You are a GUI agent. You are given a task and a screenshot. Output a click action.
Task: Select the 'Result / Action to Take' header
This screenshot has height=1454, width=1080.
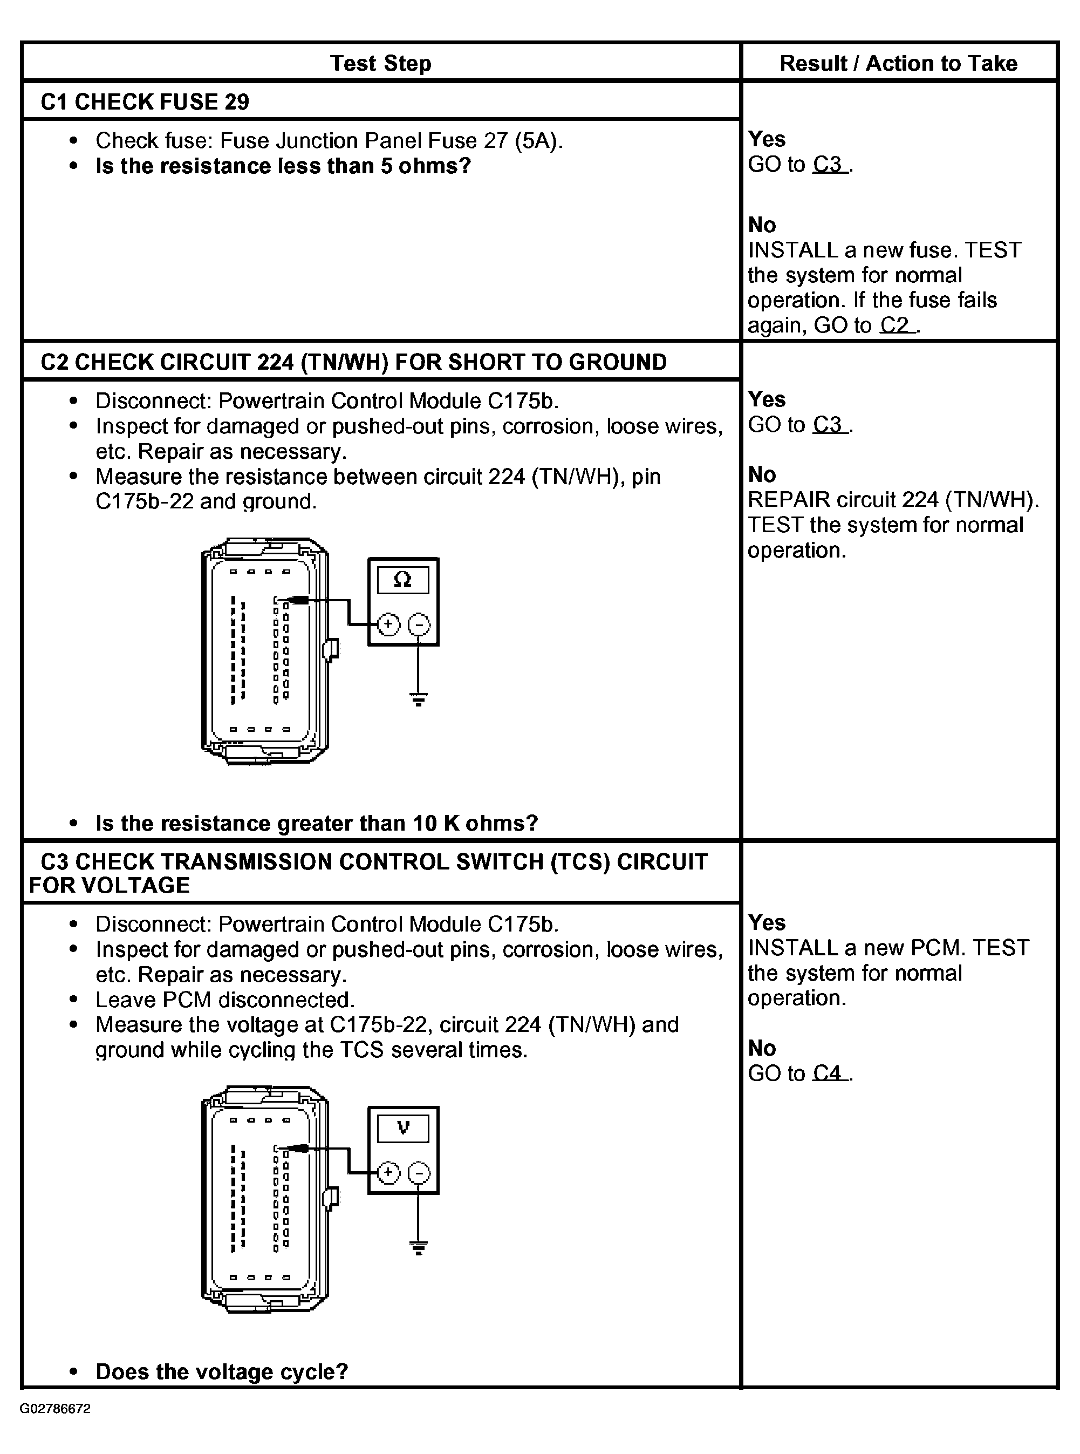coord(898,64)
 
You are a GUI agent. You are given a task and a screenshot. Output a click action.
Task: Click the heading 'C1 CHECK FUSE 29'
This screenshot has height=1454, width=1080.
coord(145,102)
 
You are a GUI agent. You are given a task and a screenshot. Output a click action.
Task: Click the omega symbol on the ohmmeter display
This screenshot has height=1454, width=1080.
coord(403,580)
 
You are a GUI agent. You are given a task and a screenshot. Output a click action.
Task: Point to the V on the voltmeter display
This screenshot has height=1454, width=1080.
coord(403,1127)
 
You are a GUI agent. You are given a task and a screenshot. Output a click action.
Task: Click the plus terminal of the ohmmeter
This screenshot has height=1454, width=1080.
coord(388,624)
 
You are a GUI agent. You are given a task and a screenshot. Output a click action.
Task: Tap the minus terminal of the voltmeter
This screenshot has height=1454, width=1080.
coord(419,1173)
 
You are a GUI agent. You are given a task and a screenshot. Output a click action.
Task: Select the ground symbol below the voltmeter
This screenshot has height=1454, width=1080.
coord(419,1247)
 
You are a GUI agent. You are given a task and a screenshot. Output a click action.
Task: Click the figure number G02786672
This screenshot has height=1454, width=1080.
coord(55,1409)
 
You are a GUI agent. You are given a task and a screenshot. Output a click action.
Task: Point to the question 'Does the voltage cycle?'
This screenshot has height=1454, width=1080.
coord(222,1371)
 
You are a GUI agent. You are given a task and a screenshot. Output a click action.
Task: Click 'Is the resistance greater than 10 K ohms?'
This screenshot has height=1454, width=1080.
coord(317,823)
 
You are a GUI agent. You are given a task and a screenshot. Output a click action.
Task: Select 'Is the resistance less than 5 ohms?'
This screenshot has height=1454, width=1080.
coord(283,166)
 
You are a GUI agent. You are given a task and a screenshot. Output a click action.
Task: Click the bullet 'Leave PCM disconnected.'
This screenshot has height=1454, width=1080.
coord(225,1000)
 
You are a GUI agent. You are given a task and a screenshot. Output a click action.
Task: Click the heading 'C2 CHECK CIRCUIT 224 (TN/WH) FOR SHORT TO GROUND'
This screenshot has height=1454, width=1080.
coord(353,362)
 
